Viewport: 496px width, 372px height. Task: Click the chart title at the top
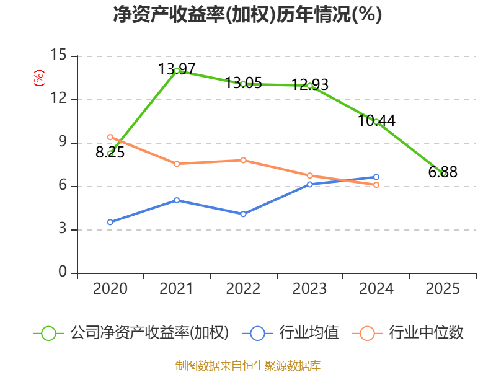[247, 14]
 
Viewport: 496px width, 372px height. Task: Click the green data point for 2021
[177, 71]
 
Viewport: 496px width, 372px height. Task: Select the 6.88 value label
[443, 172]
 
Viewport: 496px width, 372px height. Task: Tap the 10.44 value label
[376, 120]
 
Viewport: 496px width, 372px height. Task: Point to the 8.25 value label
[110, 153]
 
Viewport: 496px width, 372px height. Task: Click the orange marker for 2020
[110, 137]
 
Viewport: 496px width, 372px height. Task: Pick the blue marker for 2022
[243, 214]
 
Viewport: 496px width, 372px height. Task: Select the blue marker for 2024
[376, 177]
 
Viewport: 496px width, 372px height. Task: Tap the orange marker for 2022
[243, 161]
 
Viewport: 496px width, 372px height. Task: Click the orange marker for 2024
[376, 185]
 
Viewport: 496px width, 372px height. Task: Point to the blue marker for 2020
[110, 222]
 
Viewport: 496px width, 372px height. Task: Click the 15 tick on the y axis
[58, 55]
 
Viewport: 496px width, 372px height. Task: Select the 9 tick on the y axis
[63, 142]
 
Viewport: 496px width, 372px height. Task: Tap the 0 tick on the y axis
[63, 272]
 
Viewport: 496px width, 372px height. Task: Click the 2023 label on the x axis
[309, 289]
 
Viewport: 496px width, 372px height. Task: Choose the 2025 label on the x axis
[443, 289]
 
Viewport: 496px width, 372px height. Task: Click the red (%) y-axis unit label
[38, 78]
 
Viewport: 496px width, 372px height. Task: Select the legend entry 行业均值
[290, 332]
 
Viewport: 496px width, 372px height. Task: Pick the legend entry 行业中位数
[407, 332]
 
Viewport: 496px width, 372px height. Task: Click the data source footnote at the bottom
[248, 366]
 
